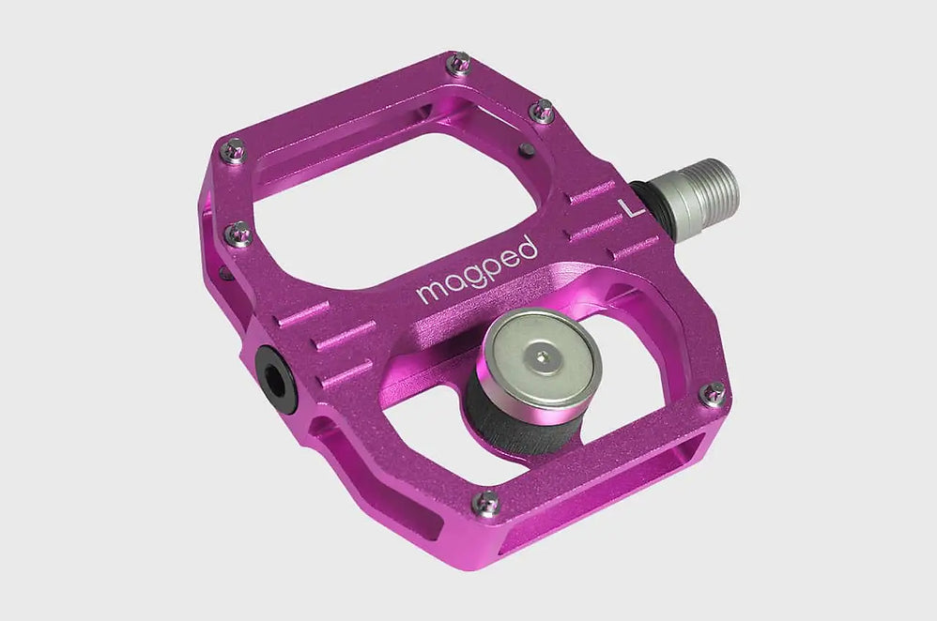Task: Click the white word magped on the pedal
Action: pos(477,271)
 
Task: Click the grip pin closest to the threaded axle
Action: pos(542,112)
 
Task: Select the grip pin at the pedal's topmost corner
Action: pos(460,64)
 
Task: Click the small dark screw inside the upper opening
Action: pos(527,148)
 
